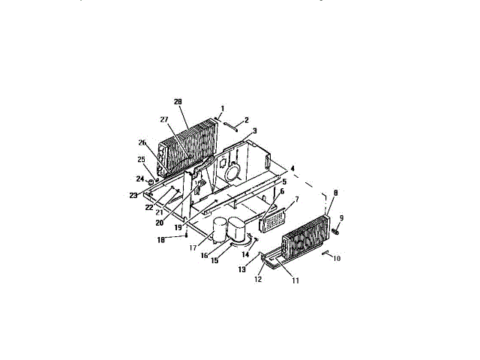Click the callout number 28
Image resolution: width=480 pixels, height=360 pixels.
point(178,101)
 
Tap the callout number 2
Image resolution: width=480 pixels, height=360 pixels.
point(246,120)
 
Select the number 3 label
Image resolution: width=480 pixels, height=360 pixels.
point(254,130)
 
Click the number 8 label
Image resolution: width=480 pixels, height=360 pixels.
point(334,193)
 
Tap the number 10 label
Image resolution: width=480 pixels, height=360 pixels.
point(336,258)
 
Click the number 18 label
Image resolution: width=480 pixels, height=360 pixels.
point(160,240)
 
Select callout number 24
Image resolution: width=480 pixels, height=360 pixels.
point(139,178)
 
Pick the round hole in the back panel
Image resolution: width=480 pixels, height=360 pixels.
point(232,171)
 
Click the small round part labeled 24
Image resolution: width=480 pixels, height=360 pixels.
point(151,181)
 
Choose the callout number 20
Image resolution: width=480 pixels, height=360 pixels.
point(159,222)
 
